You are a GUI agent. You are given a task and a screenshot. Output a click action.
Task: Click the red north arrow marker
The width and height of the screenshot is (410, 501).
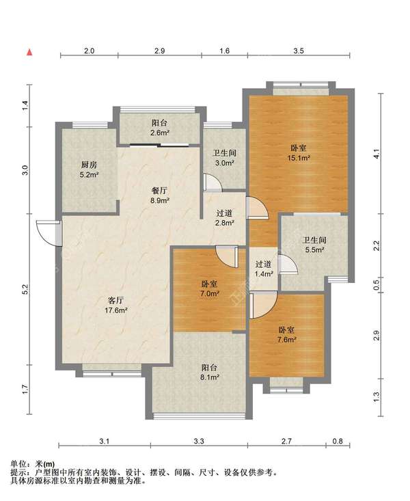[x=29, y=53]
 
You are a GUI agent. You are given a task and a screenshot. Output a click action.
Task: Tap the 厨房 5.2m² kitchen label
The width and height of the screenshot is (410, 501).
[x=89, y=170]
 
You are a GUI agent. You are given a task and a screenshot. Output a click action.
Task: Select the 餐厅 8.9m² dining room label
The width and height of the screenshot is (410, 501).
[x=159, y=195]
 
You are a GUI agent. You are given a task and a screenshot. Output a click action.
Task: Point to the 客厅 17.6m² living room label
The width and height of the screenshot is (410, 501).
[x=116, y=305]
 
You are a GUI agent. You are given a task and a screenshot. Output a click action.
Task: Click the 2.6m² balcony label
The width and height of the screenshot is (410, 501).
[x=160, y=128]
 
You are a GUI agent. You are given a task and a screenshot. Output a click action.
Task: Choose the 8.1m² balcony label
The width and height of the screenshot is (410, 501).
[x=209, y=373]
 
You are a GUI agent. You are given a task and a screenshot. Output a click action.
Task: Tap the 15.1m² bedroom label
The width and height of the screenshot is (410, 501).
[x=299, y=152]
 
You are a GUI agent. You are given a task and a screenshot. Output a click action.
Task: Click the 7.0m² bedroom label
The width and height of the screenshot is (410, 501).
[x=209, y=288]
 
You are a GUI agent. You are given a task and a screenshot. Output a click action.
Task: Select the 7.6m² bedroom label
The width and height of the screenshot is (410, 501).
[x=286, y=334]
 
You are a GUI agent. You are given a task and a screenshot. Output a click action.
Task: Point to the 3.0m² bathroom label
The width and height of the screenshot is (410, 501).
[x=224, y=157]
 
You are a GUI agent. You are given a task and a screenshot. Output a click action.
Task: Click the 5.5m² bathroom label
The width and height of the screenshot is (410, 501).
[x=315, y=245]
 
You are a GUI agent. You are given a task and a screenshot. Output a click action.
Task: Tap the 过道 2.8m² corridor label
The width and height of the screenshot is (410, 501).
[x=224, y=217]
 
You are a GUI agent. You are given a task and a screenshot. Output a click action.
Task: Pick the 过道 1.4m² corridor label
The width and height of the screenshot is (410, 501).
[x=264, y=269]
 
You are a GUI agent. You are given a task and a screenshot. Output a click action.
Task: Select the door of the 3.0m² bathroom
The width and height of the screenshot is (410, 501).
[x=212, y=183]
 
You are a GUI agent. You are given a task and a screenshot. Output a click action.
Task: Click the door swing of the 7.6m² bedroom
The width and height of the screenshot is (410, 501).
[x=263, y=305]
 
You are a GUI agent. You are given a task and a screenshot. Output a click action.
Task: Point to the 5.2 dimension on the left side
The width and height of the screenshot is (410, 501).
[x=26, y=289]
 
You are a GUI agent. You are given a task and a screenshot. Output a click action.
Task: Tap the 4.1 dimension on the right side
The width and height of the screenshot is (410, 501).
[x=377, y=154]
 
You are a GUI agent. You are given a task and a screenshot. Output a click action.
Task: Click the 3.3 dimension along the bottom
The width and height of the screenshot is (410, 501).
[x=199, y=442]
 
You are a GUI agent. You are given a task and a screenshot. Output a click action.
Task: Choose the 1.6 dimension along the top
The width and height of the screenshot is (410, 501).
[x=224, y=51]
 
